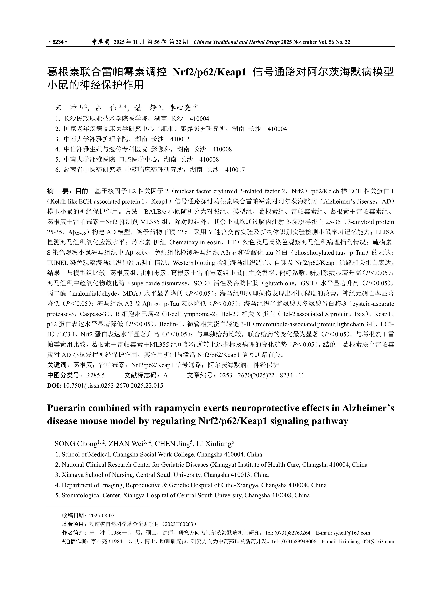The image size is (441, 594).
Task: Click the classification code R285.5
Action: click(x=95, y=375)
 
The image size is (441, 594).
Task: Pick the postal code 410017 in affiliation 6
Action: click(x=235, y=170)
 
